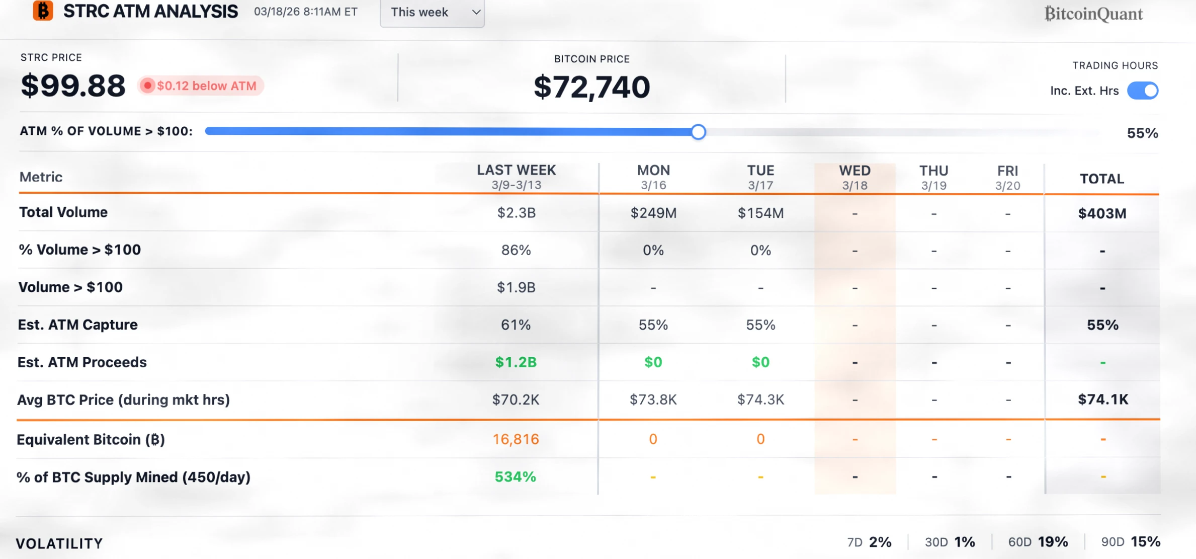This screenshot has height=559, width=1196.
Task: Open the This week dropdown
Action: (432, 12)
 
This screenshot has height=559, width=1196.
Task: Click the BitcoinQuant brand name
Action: (1093, 14)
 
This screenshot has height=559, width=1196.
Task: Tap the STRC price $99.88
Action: (73, 86)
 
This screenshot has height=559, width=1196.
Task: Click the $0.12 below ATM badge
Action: (201, 86)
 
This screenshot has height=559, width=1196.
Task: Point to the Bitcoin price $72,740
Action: (591, 87)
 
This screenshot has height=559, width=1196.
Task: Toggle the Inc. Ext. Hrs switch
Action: (1143, 91)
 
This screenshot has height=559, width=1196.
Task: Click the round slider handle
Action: (698, 132)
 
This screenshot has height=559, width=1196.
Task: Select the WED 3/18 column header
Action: (855, 178)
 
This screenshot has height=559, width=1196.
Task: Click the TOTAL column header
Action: (1101, 179)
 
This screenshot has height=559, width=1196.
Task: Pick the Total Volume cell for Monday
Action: (653, 213)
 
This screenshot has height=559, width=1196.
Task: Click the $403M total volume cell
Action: (1101, 213)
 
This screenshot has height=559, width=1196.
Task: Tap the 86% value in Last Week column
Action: (516, 250)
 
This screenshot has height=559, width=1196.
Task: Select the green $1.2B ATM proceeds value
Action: (516, 362)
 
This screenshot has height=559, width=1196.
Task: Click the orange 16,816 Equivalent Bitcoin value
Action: (516, 439)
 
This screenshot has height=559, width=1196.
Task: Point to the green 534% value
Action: (516, 476)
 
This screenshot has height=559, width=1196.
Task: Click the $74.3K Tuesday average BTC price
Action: (760, 400)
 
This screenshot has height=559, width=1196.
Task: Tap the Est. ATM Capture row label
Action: (78, 325)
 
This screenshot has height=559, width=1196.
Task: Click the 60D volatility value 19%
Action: (1053, 542)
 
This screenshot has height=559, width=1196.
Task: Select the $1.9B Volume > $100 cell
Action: (516, 287)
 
